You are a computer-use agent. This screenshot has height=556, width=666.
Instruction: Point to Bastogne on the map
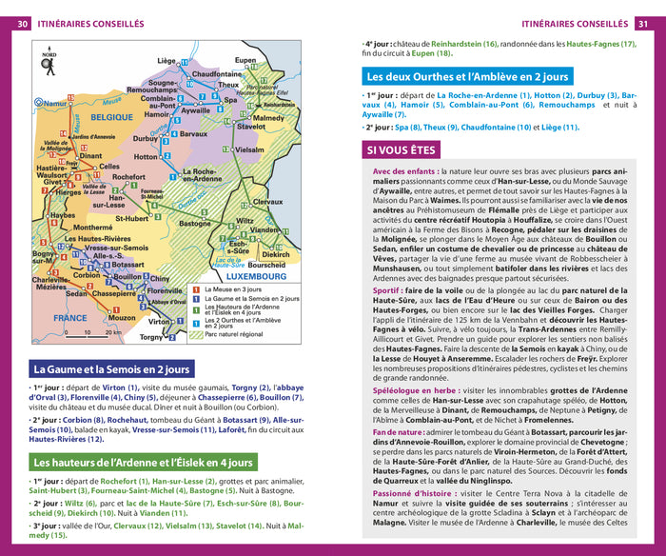tap(195, 223)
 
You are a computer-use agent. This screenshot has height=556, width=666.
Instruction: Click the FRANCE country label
tap(69, 318)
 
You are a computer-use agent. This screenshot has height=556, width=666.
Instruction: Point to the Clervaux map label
tap(267, 202)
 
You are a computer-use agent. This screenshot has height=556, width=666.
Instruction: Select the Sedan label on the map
tap(77, 293)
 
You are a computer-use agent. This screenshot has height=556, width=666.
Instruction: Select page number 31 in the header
tap(644, 23)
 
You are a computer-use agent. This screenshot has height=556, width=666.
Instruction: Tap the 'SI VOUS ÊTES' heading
tap(401, 150)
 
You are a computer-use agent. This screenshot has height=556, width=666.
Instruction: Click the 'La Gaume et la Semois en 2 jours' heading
tap(111, 369)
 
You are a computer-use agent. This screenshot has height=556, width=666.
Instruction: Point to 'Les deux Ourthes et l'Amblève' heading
tap(467, 76)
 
